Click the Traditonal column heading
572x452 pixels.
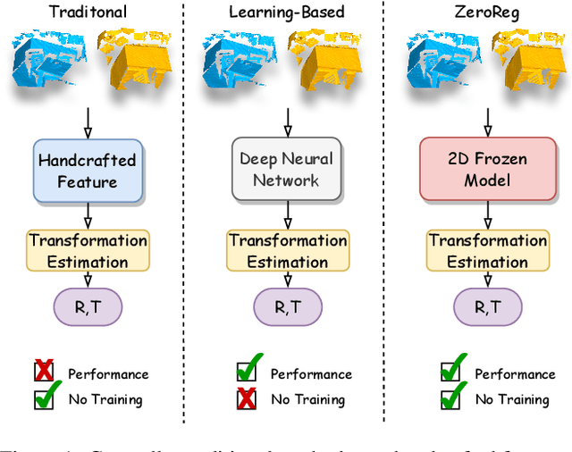point(88,13)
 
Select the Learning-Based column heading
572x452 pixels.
point(287,13)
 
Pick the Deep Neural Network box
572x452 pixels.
point(287,170)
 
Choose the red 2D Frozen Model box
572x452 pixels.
point(486,170)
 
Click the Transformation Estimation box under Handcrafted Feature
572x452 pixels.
point(88,251)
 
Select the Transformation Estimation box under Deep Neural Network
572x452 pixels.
point(288,251)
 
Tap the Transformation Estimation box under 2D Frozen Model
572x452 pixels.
point(487,251)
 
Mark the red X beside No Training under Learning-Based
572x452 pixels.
point(246,398)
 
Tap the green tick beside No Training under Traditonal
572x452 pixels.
point(46,396)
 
